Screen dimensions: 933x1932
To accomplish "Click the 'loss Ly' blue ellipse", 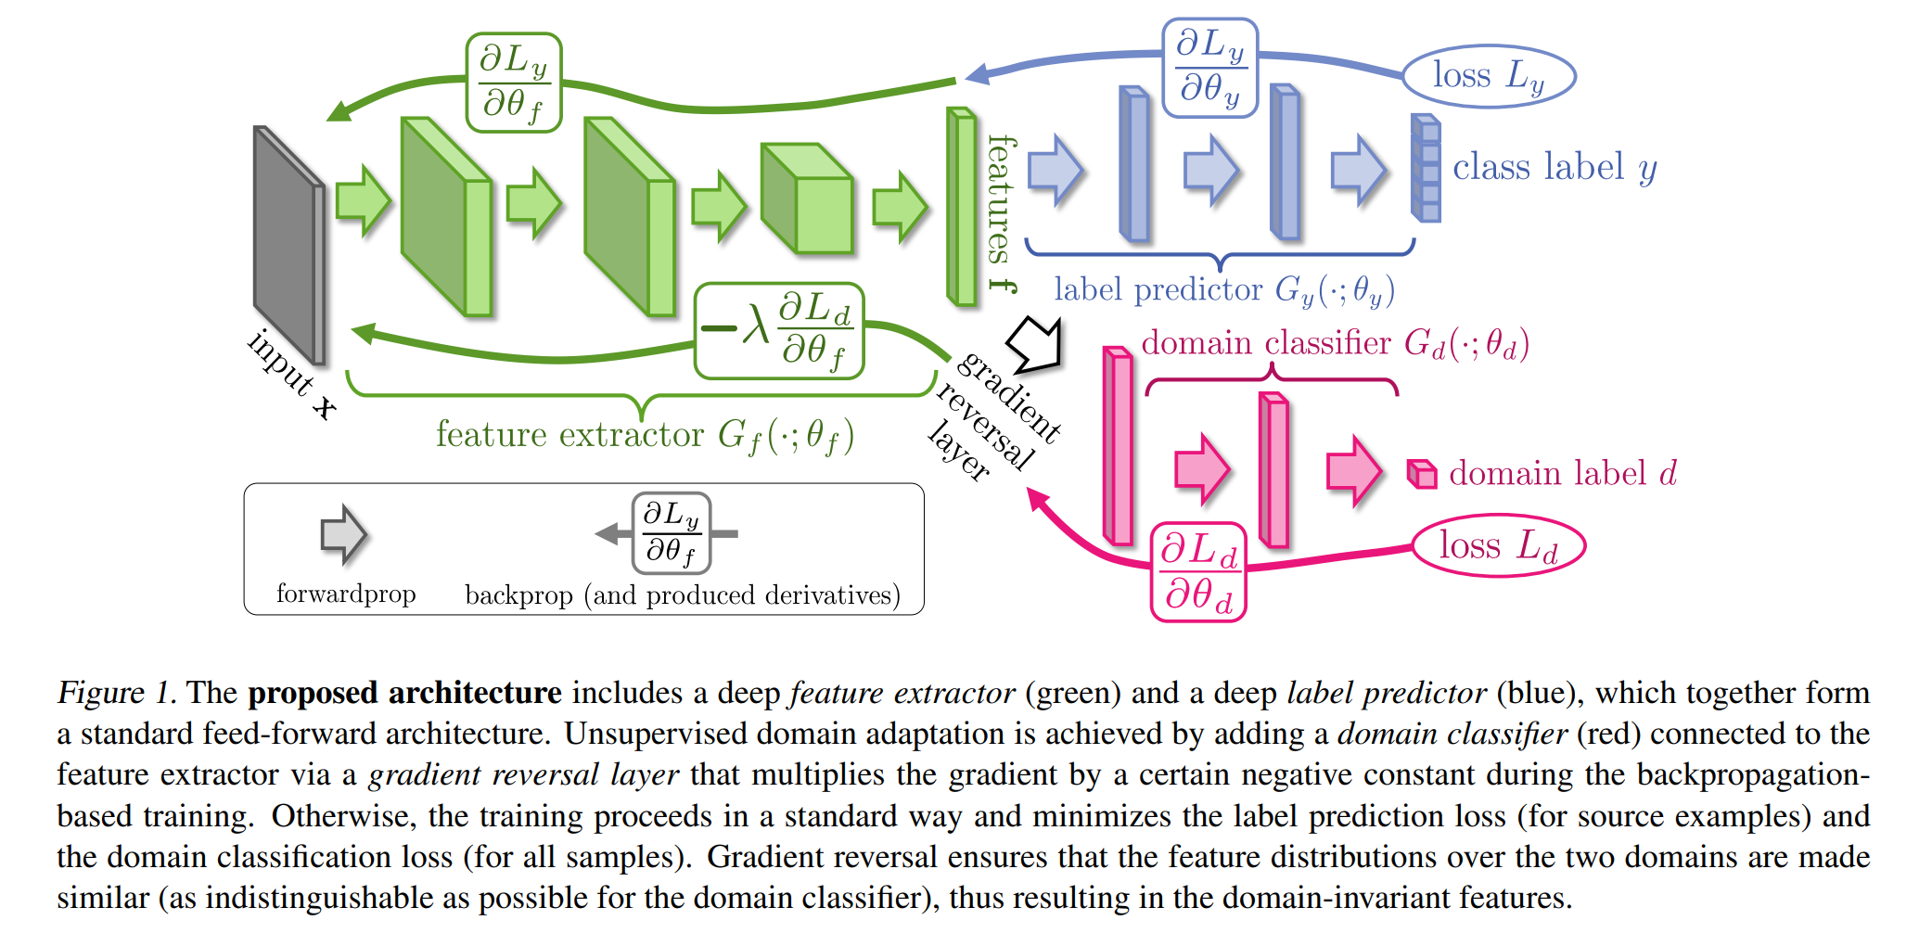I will coord(1488,76).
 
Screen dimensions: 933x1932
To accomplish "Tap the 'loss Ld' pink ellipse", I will coord(1498,545).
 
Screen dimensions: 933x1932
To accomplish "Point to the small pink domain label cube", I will coord(1421,474).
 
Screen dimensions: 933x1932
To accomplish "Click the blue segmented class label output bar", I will coord(1426,168).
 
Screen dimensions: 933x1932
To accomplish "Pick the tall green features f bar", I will coord(961,207).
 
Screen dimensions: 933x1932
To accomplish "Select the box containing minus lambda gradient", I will coord(779,331).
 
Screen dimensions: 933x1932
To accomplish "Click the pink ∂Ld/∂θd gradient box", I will coord(1198,572).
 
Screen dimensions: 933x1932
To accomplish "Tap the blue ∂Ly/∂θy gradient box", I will coord(1209,68).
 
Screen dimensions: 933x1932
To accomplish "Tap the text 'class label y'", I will coord(1554,168).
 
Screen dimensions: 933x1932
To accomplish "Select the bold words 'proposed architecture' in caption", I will coord(404,693).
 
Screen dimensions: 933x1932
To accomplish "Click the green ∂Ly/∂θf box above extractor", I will coord(514,83).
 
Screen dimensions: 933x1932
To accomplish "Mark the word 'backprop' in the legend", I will coord(518,595).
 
